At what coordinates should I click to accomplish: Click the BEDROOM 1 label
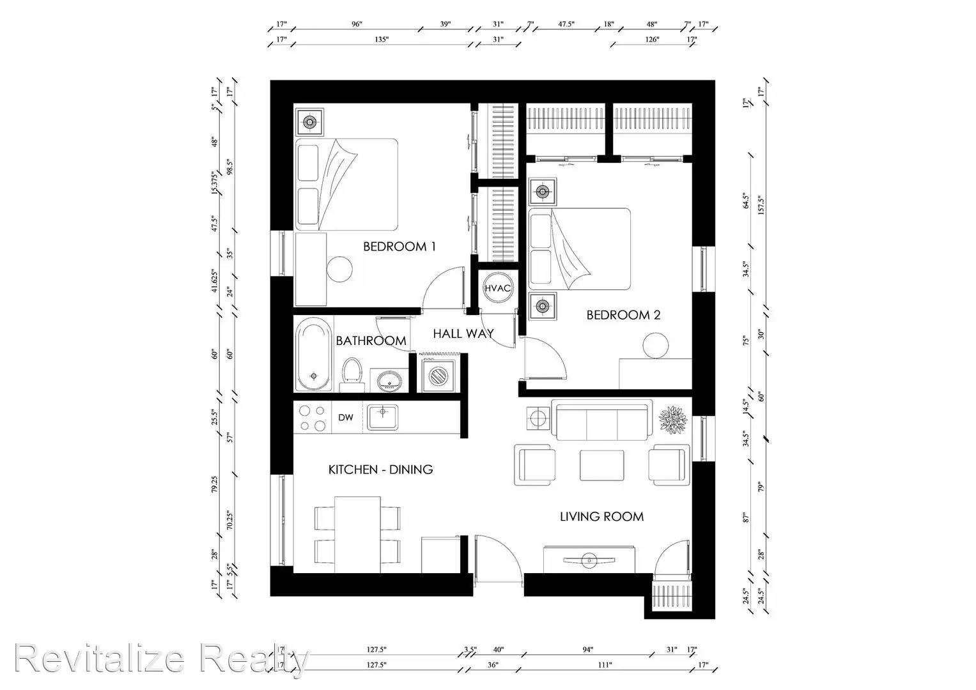point(399,247)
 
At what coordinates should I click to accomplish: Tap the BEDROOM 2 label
point(623,315)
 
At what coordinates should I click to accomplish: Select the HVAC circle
point(497,288)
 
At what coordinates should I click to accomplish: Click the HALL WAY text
point(463,333)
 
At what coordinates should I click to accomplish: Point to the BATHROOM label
point(371,341)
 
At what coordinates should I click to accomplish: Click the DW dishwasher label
point(345,418)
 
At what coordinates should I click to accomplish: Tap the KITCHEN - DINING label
point(380,470)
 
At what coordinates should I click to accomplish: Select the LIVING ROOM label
point(601,517)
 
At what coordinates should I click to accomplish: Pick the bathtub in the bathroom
point(313,357)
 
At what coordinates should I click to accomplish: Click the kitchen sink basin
point(382,418)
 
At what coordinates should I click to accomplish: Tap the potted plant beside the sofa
point(673,422)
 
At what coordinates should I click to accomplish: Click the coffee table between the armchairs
point(601,465)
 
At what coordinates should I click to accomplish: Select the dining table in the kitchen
point(357,534)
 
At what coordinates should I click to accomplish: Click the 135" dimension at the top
point(381,40)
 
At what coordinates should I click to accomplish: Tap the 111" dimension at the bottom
point(605,665)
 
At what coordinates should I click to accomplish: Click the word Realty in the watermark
point(254,659)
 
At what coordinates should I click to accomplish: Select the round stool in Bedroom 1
point(339,269)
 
